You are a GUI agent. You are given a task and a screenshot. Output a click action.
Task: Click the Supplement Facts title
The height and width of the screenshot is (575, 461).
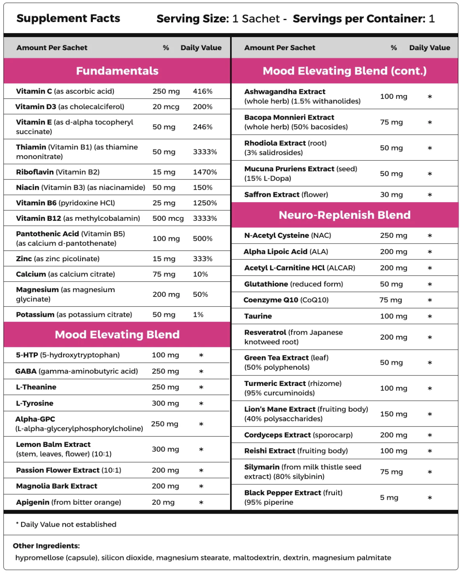(68, 19)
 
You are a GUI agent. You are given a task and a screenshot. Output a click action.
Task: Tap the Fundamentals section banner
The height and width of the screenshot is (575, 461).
(117, 71)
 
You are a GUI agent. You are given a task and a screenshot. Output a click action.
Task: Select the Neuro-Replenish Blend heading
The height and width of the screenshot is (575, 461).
(345, 215)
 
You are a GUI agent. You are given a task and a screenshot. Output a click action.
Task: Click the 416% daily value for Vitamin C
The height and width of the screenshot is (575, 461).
(203, 91)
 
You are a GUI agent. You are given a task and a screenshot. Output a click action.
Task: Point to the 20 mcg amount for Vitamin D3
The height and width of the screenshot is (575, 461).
(166, 107)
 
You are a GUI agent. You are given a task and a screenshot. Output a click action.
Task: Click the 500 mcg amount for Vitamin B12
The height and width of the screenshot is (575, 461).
(168, 218)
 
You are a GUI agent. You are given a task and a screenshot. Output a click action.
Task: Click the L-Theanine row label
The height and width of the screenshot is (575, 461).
(36, 387)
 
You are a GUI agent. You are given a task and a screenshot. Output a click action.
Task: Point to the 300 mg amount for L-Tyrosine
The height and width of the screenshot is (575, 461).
(165, 403)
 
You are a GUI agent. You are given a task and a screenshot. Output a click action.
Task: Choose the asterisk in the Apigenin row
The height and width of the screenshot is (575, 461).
(201, 502)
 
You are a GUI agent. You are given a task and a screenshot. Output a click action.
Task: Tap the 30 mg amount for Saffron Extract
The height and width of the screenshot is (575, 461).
(391, 195)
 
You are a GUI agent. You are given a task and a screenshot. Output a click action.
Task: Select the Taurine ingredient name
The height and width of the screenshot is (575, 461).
(258, 316)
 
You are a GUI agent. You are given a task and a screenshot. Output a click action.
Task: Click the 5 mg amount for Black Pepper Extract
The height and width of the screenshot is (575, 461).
(389, 498)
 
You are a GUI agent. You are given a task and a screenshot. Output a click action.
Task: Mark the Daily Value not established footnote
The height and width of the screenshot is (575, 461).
(66, 524)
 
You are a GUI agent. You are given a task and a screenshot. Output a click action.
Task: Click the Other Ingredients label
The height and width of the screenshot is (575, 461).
(46, 546)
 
